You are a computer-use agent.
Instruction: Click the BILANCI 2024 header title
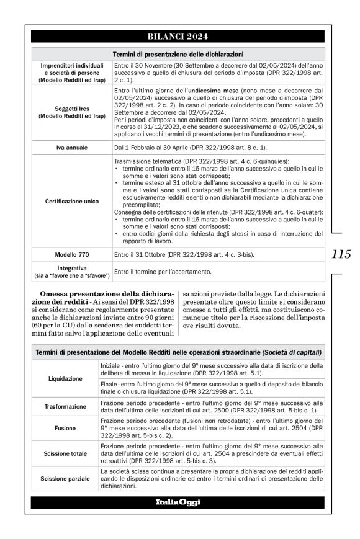tap(178, 37)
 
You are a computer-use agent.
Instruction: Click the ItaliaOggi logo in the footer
tap(178, 502)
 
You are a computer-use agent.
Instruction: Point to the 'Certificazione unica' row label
tap(72, 202)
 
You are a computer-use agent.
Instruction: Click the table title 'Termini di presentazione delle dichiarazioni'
tap(178, 54)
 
